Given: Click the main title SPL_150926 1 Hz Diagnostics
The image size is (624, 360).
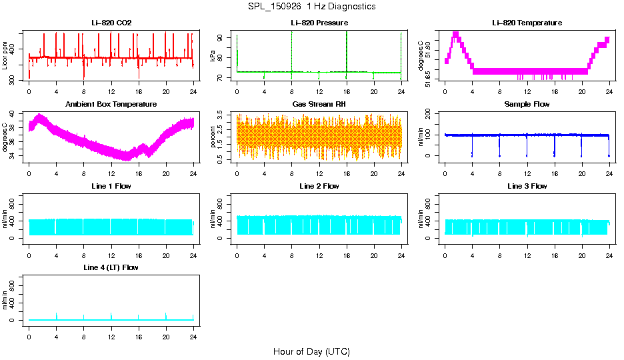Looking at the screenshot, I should [x=311, y=7].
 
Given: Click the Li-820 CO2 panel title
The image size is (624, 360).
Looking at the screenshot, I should [x=111, y=23].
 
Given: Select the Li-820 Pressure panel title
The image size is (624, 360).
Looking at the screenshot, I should [x=319, y=23].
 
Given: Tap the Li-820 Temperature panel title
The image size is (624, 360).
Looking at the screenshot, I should [x=527, y=23].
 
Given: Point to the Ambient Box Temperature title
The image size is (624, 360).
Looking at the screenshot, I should [x=111, y=105].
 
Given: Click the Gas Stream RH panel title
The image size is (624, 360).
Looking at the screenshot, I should [x=319, y=105].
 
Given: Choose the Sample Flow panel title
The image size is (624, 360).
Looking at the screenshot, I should [x=527, y=105].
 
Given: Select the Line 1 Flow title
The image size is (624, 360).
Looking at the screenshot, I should [x=111, y=186].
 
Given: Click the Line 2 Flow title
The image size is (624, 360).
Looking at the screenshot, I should [x=319, y=186].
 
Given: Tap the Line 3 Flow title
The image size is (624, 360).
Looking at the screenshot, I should [x=527, y=186].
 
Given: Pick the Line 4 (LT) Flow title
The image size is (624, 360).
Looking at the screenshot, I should [x=111, y=267].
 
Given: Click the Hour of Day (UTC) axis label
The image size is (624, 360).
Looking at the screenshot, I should [x=311, y=351].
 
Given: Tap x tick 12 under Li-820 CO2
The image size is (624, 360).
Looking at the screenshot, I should [x=111, y=92].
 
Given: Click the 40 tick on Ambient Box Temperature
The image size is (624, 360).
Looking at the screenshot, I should [x=14, y=115].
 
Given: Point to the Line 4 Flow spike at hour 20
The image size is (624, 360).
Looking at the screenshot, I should [x=166, y=315].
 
